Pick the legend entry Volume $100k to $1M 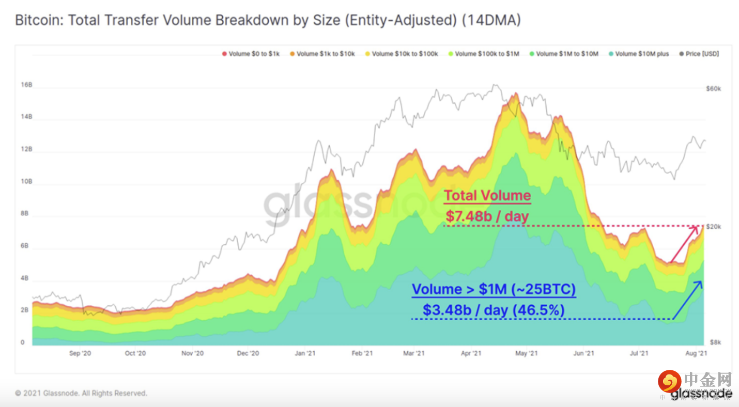487,54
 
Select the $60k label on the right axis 714,89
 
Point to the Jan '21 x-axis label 305,354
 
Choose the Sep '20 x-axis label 80,354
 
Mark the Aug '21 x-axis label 696,354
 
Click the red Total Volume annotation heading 487,196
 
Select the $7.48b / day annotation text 487,216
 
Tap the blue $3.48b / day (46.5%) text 494,310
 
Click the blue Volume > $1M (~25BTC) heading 494,290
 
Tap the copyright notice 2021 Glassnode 81,393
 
